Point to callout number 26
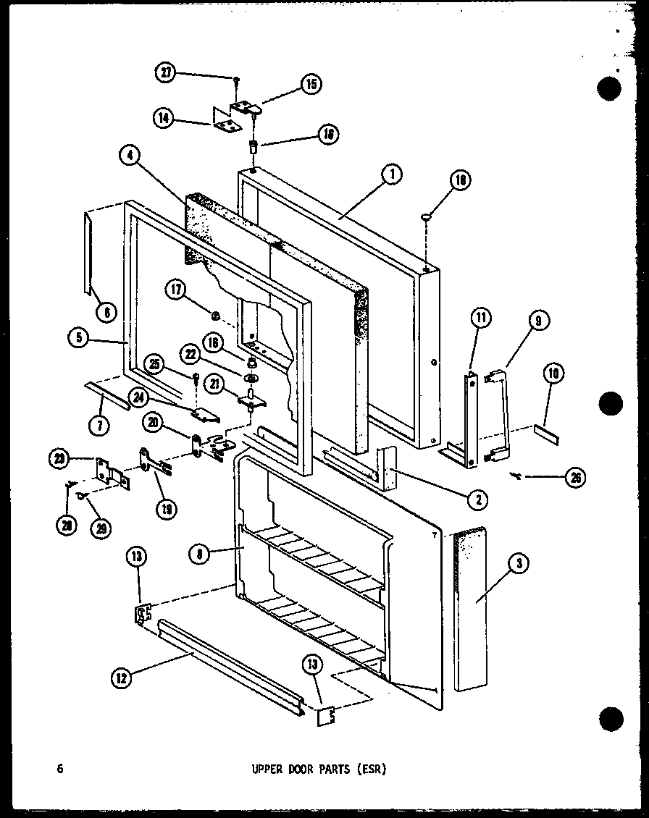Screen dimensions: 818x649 point(575,476)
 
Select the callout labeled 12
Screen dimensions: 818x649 point(122,678)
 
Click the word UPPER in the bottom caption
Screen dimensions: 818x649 point(262,769)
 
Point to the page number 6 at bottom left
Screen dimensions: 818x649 point(60,769)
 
